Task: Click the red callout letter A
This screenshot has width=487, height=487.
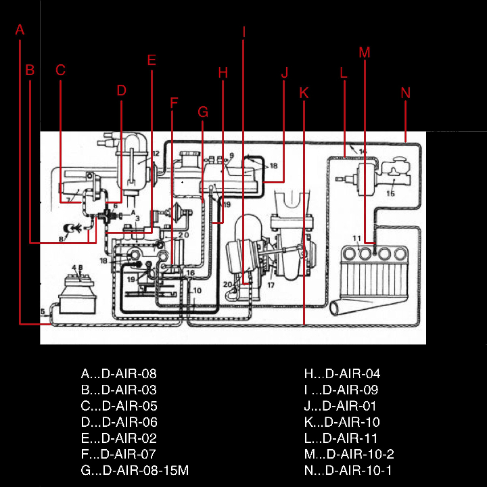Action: tap(20, 30)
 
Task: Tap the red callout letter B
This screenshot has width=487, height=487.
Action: tap(29, 70)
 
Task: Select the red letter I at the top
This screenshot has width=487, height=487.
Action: tap(243, 32)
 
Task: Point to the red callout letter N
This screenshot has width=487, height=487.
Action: tap(406, 93)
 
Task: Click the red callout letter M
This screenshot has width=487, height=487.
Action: tap(365, 52)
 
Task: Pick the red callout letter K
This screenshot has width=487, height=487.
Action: tap(304, 93)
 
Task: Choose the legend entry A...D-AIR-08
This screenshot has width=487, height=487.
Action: tap(119, 373)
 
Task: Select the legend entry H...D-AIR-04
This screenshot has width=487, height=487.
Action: tap(342, 373)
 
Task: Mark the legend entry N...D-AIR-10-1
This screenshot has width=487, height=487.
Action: tap(348, 471)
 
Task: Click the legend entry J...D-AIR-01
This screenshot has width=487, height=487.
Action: tap(341, 406)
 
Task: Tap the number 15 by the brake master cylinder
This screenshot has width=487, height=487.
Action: tap(390, 193)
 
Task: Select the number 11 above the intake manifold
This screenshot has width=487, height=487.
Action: tap(356, 238)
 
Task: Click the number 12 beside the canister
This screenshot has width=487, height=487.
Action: tap(155, 154)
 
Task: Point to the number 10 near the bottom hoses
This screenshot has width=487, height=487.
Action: tap(195, 291)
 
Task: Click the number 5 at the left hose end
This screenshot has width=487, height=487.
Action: tap(43, 312)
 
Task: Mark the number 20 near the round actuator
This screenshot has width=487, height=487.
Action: tap(227, 284)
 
